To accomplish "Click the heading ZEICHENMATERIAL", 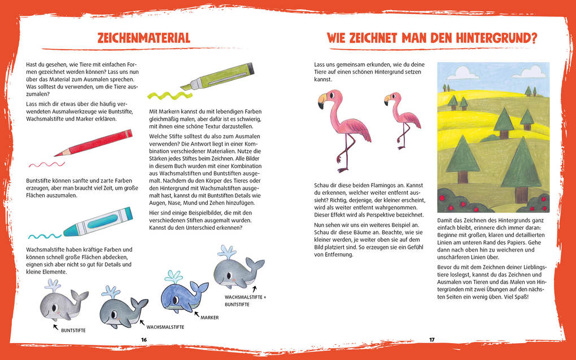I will click(x=143, y=38).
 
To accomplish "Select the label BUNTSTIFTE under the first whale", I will click(x=73, y=330).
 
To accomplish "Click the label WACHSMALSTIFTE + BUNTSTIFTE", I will click(x=245, y=300).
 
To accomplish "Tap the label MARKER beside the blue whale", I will click(x=210, y=317).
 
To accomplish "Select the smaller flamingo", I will click(x=402, y=117).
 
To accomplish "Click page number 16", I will click(x=144, y=340).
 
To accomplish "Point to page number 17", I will click(x=431, y=340).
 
